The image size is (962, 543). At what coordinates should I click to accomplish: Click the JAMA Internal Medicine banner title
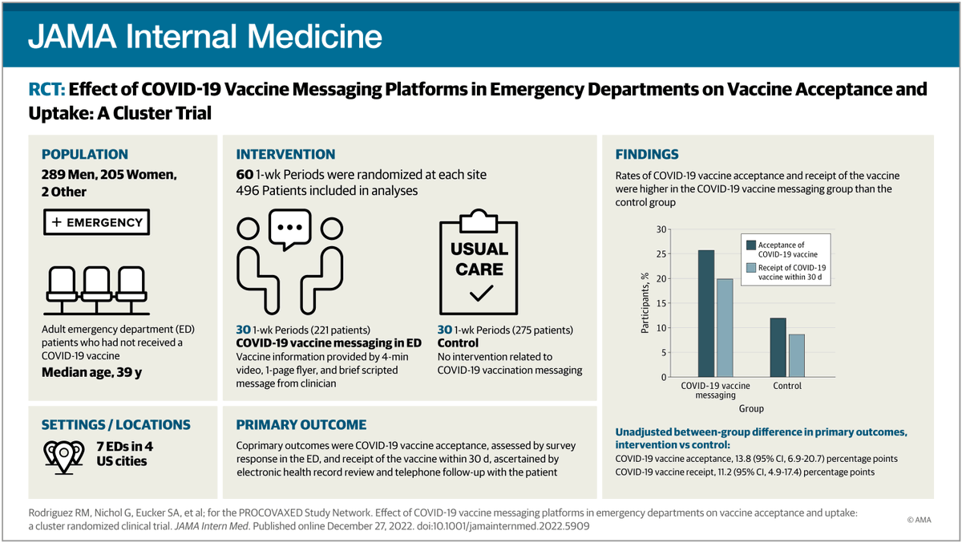(205, 35)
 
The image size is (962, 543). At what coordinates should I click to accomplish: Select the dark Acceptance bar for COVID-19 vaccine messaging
(706, 314)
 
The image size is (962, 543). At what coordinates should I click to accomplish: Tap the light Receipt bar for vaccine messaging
(725, 327)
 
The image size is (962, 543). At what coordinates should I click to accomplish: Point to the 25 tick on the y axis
(661, 254)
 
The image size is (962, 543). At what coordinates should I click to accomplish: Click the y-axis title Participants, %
(645, 303)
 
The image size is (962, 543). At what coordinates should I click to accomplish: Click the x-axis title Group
(751, 407)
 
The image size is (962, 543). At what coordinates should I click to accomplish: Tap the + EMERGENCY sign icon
(95, 222)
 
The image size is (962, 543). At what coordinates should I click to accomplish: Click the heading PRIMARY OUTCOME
(301, 425)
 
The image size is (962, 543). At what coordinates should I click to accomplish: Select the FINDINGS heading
(647, 154)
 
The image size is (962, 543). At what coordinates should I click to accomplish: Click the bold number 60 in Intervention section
(245, 174)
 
